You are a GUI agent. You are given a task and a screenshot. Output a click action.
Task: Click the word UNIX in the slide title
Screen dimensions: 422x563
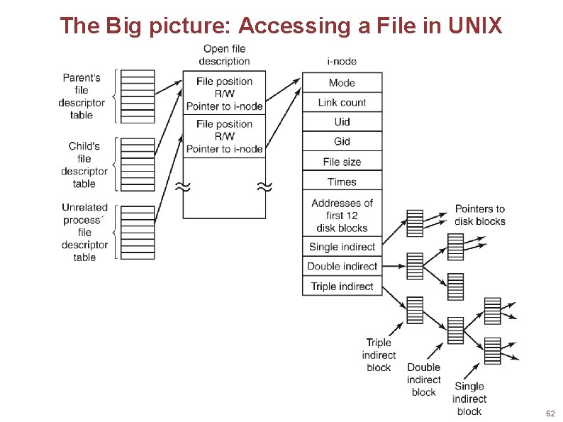click(476, 26)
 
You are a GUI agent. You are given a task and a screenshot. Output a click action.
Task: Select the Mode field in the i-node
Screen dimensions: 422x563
click(342, 82)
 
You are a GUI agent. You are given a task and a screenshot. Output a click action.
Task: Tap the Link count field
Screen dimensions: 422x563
click(342, 102)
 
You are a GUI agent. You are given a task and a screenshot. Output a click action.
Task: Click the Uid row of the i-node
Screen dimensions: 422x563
click(342, 122)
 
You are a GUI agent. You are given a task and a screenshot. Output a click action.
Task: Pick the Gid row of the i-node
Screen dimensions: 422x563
click(342, 141)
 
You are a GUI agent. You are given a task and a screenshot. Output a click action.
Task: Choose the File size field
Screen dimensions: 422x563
click(342, 162)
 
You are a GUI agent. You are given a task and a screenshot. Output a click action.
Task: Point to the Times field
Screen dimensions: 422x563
click(342, 182)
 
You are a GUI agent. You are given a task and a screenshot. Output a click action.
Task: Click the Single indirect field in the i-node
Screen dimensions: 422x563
click(342, 247)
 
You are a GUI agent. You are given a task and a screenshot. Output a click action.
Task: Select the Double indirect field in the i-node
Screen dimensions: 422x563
click(342, 266)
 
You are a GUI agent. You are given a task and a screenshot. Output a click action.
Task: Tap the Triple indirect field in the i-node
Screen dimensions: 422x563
click(342, 286)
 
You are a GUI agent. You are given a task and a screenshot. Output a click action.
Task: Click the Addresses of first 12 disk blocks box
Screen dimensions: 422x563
click(342, 215)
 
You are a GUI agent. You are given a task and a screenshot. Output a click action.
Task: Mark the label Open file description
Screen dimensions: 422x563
click(224, 55)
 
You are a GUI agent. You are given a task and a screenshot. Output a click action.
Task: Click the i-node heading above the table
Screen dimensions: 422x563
click(342, 61)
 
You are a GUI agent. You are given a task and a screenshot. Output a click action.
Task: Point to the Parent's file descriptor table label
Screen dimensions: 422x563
click(82, 96)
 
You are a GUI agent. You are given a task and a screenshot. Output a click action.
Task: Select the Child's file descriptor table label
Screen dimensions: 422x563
click(84, 165)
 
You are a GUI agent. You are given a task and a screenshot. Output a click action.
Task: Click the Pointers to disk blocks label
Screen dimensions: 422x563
click(480, 215)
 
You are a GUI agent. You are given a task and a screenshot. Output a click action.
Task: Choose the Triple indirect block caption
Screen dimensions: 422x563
click(379, 355)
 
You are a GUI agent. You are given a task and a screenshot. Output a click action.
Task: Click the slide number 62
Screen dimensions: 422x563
click(550, 413)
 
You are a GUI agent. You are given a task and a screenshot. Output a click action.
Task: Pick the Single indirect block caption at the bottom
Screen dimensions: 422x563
click(469, 399)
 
